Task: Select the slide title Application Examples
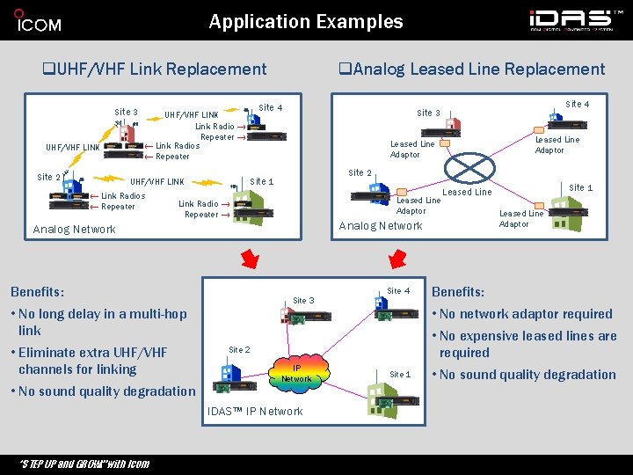tap(306, 22)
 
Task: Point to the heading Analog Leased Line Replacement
tap(472, 69)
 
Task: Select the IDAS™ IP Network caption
tap(255, 412)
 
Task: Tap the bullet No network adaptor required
tap(524, 314)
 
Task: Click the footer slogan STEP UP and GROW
tap(84, 464)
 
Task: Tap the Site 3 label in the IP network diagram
tap(302, 301)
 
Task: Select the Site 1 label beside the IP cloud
tap(400, 375)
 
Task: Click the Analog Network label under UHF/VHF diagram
tap(74, 230)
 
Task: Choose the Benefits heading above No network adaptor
tap(458, 292)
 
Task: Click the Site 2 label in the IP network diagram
tap(239, 350)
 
